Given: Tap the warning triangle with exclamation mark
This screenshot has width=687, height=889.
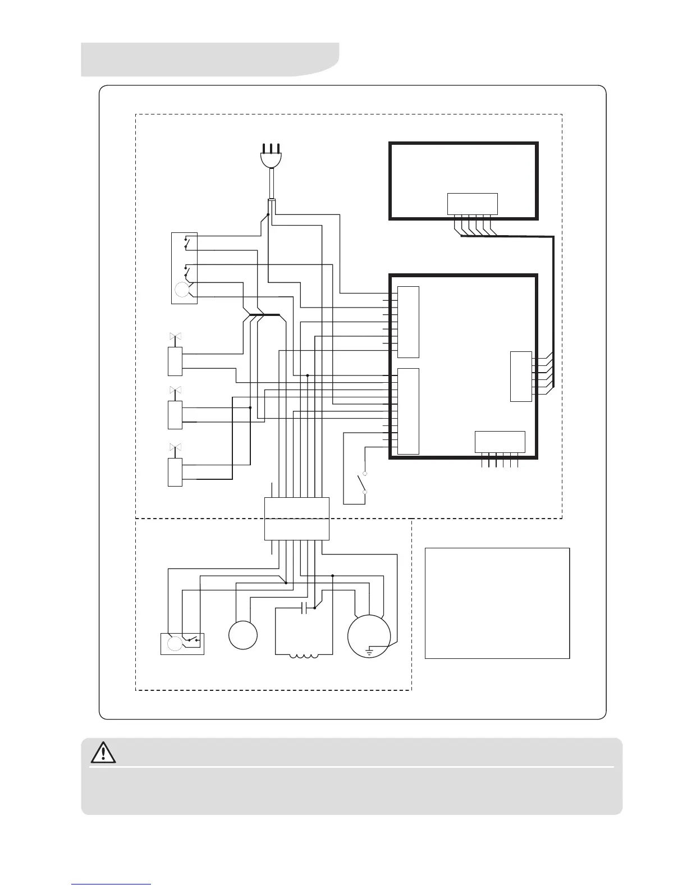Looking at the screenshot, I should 103,752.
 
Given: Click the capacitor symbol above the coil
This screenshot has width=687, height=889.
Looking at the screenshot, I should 304,608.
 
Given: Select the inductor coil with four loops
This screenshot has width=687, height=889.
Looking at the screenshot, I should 303,654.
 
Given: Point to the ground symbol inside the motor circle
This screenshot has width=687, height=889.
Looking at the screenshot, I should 369,651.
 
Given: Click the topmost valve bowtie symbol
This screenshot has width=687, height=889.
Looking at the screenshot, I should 175,337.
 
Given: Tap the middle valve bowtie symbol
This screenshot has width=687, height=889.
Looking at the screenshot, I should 175,389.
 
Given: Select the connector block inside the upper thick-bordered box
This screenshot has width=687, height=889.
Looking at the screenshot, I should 473,204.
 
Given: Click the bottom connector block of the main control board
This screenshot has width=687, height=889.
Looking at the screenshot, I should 500,442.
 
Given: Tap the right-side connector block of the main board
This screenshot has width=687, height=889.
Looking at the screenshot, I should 521,376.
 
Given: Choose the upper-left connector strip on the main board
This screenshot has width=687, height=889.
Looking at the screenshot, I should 408,322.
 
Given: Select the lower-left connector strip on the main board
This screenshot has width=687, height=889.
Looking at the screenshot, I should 408,411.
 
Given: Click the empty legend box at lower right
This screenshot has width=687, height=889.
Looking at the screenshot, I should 497,603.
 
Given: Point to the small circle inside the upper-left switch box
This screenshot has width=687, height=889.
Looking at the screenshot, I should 182,290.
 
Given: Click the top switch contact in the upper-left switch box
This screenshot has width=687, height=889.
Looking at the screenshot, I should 186,244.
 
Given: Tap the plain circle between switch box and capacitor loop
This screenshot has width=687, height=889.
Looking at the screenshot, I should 243,635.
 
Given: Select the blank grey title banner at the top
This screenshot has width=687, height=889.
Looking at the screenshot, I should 210,59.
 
